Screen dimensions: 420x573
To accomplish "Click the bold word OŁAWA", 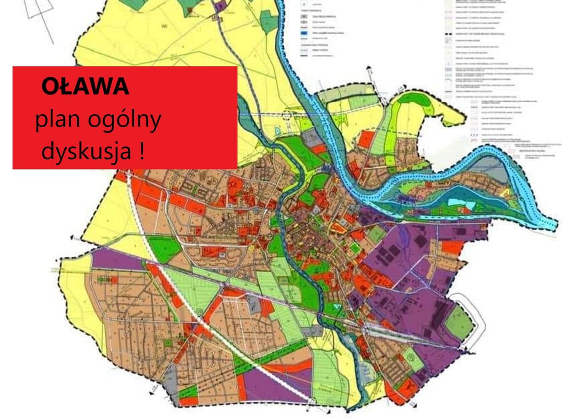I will tap(85, 87).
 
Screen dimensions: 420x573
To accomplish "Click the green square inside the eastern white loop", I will tap(459, 322).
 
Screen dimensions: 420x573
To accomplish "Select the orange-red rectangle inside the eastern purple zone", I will tap(452, 247).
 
